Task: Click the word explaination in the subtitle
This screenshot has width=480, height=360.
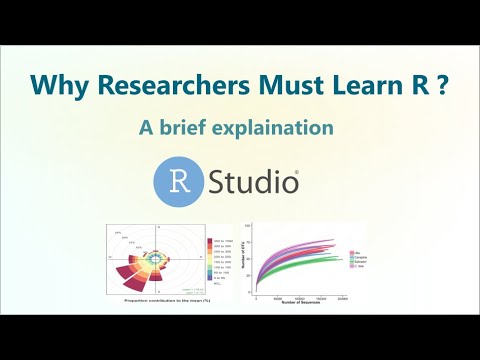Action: [285, 130]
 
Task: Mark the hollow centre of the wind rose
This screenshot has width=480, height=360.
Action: [155, 258]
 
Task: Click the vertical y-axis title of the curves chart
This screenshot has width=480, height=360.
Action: [244, 260]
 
